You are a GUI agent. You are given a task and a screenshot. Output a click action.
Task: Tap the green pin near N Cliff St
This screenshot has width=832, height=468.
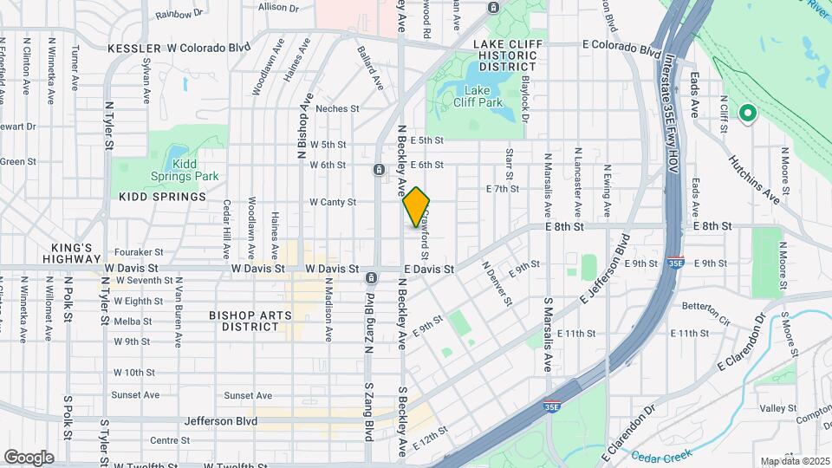coord(746,113)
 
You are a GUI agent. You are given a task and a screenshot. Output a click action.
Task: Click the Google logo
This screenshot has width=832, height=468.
coord(29,457)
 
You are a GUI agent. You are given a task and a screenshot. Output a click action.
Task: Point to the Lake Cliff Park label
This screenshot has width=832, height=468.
coord(478,95)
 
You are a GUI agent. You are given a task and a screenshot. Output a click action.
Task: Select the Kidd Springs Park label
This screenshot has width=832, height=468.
coord(183,170)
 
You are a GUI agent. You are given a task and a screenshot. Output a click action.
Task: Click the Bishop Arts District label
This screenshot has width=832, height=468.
coord(250,321)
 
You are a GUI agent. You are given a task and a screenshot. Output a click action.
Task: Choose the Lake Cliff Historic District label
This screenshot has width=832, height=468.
coord(508,55)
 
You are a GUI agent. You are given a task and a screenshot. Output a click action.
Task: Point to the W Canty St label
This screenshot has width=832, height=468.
coord(334,203)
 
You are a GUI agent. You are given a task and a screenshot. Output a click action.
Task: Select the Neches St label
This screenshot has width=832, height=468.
coord(337,108)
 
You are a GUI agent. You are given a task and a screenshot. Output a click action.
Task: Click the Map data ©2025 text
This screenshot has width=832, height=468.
coord(794,461)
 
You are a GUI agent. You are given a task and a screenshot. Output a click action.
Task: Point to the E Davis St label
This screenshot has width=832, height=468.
coord(428,270)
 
